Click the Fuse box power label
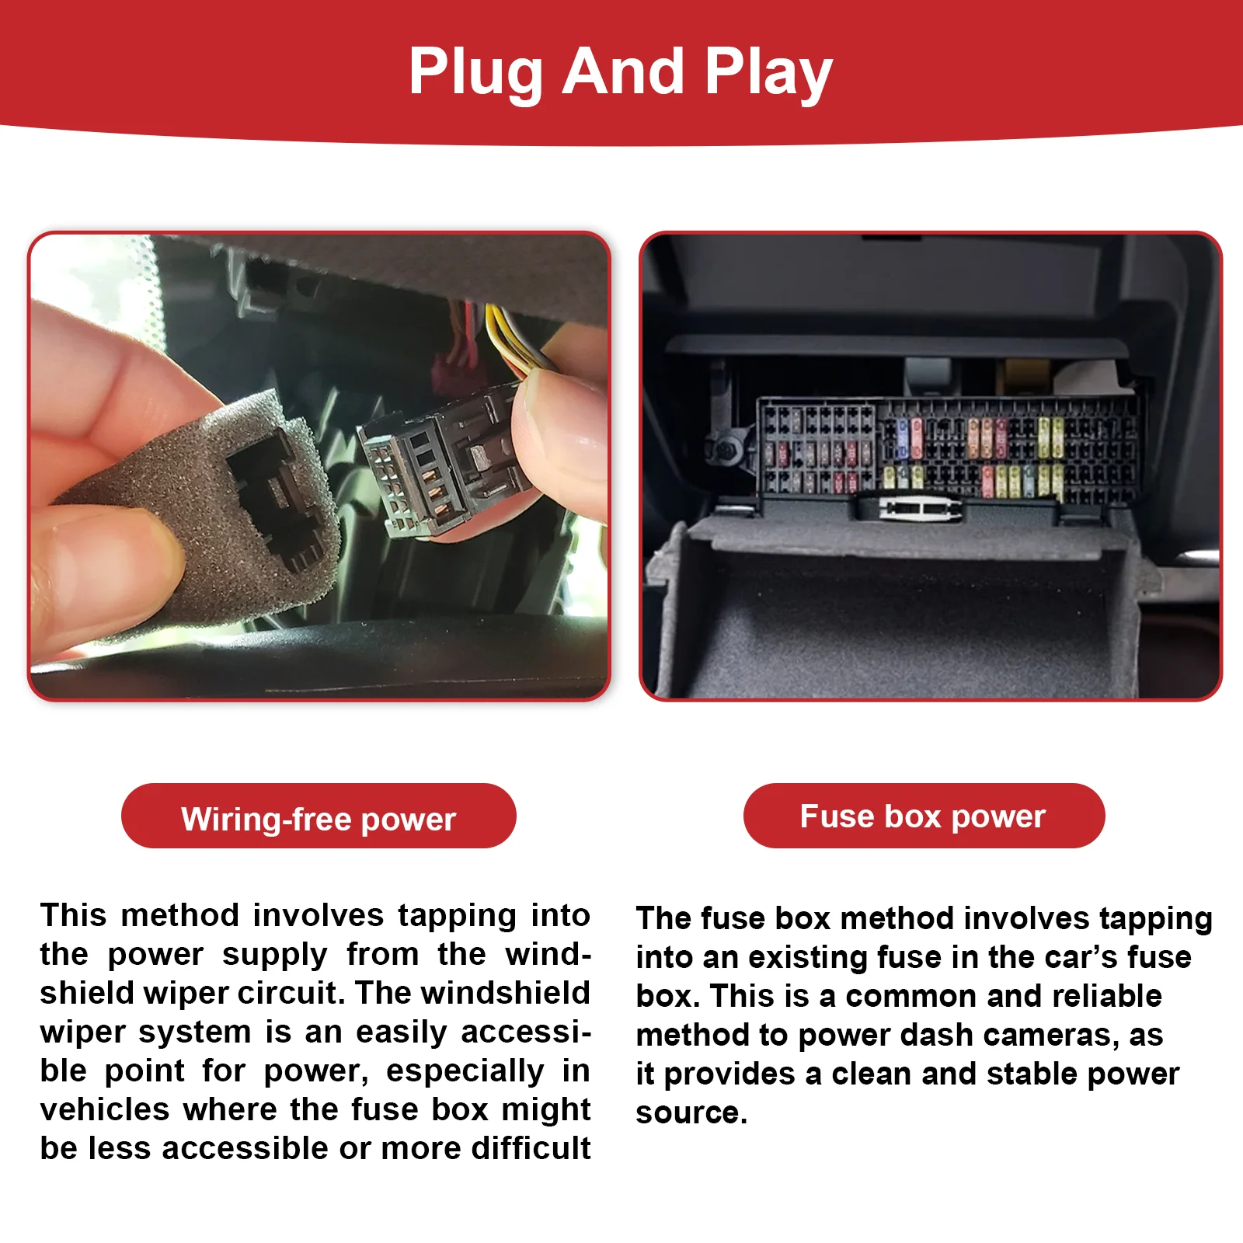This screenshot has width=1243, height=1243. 924,816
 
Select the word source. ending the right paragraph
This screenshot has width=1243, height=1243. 691,1113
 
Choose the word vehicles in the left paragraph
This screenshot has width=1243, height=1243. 105,1109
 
